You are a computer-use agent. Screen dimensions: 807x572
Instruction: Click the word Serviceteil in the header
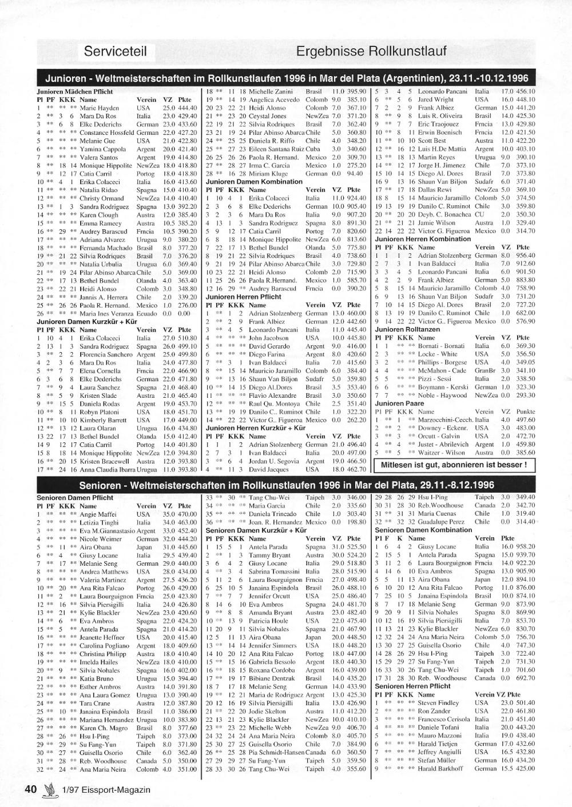tap(115, 51)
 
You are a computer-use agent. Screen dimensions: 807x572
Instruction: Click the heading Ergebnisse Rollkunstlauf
tap(371, 51)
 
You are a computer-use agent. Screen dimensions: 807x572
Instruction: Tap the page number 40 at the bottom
tap(31, 789)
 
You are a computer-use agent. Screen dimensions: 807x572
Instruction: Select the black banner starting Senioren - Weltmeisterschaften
tap(286, 485)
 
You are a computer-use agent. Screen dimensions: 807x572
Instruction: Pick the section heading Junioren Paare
tap(396, 403)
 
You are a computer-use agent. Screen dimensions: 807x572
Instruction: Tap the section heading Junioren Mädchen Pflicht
tap(75, 91)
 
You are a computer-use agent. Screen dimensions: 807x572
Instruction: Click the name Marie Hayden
tap(100, 108)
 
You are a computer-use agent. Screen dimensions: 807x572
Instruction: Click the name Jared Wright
tap(435, 99)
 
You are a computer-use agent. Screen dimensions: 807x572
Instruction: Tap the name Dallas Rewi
tap(434, 190)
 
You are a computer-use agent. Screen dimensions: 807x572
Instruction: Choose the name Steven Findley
tap(438, 703)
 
